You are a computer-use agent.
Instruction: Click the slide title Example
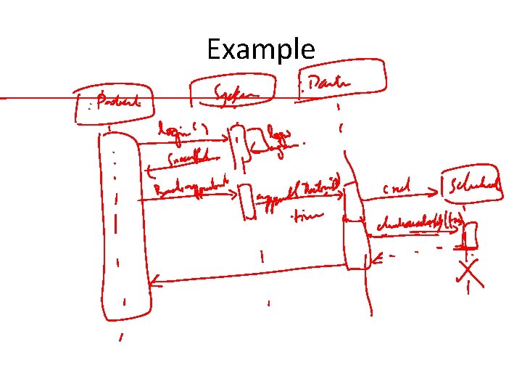coord(260,49)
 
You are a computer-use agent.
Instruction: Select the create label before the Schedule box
coord(397,189)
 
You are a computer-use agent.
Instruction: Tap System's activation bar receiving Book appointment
coord(247,202)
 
